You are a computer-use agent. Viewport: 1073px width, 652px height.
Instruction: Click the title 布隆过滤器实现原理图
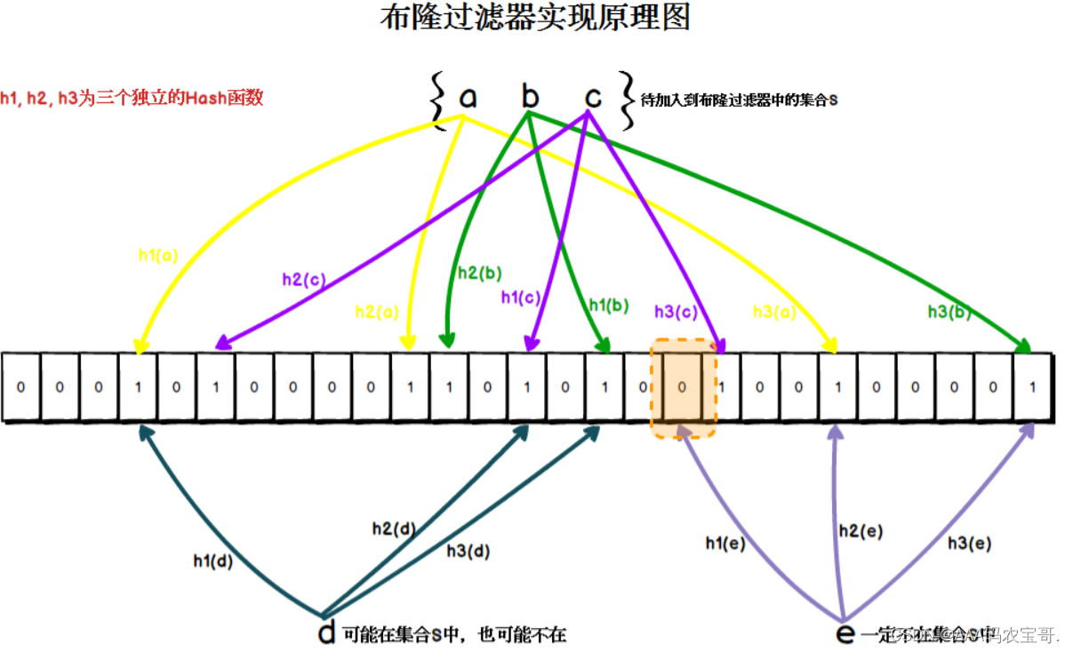point(534,18)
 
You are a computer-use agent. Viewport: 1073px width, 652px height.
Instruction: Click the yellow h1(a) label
point(158,255)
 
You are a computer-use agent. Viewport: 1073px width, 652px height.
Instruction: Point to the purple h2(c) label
point(304,279)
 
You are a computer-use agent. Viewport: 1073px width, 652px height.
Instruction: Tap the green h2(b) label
point(480,274)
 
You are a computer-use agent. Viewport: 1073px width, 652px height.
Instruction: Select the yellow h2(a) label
point(377,311)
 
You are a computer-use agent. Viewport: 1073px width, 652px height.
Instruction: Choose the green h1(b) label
point(608,305)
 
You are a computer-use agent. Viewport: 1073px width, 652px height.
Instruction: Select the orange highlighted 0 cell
point(682,388)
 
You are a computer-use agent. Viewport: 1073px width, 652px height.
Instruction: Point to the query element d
point(326,632)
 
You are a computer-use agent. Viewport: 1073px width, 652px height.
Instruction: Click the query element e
point(845,633)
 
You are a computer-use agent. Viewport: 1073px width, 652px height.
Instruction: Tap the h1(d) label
point(213,561)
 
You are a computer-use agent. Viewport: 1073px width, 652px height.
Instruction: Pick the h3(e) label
point(969,543)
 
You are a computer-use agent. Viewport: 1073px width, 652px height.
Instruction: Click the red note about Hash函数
point(132,99)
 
